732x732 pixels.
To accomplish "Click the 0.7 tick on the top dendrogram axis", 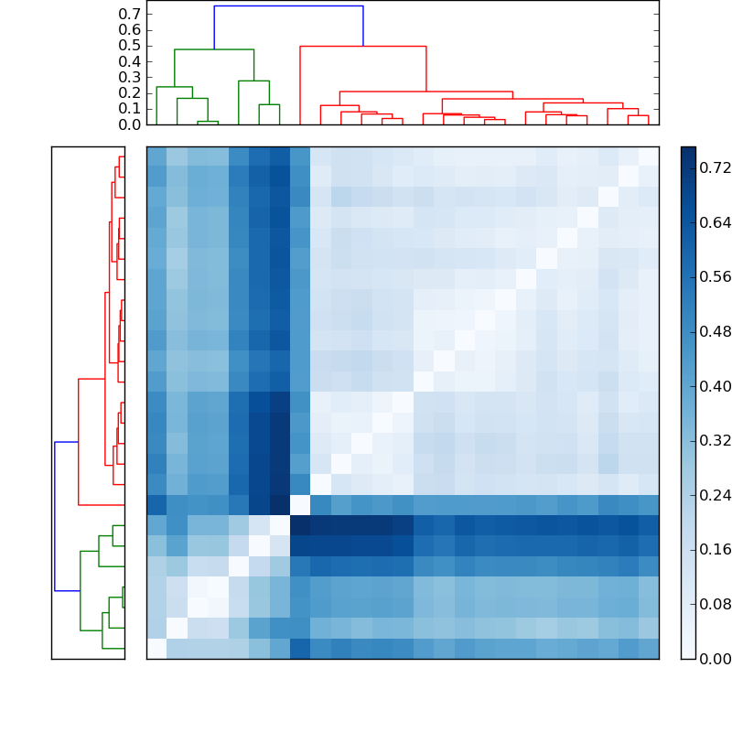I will click(130, 15).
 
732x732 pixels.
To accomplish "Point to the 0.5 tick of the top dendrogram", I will click(130, 46).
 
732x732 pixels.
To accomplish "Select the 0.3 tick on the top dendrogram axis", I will click(130, 77).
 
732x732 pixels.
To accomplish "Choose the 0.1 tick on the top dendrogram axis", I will click(130, 109).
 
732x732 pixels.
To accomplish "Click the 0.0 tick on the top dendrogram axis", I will click(130, 124).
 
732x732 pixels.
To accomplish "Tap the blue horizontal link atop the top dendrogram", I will click(288, 6).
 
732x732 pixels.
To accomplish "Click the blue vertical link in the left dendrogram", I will click(55, 516).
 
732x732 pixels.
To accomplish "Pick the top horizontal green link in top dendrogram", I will click(214, 49).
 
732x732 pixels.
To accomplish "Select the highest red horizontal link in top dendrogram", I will click(363, 46).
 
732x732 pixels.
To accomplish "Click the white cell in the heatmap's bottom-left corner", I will click(156, 648).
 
